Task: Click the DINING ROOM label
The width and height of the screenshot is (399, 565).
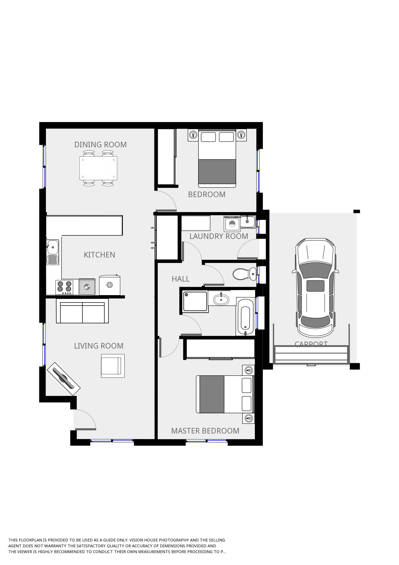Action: [100, 145]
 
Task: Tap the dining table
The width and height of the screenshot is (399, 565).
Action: [98, 168]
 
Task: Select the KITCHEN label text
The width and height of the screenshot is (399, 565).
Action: [99, 255]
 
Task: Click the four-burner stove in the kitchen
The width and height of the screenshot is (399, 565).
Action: [64, 287]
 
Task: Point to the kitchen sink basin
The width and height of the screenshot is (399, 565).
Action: [52, 247]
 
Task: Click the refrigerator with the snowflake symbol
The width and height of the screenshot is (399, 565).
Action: [110, 285]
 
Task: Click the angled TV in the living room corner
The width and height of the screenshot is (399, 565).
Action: [64, 379]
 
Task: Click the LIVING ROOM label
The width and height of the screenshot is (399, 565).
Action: [99, 346]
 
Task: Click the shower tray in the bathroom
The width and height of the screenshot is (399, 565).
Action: [195, 301]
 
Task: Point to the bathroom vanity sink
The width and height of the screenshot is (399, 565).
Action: [221, 299]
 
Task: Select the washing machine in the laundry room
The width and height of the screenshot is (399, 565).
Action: [232, 224]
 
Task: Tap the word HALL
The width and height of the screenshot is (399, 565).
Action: [180, 279]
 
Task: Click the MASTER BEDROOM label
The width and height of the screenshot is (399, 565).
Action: [205, 431]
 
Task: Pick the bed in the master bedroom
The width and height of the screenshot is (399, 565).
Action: [224, 394]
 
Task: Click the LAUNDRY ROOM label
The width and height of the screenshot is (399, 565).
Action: [219, 236]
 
